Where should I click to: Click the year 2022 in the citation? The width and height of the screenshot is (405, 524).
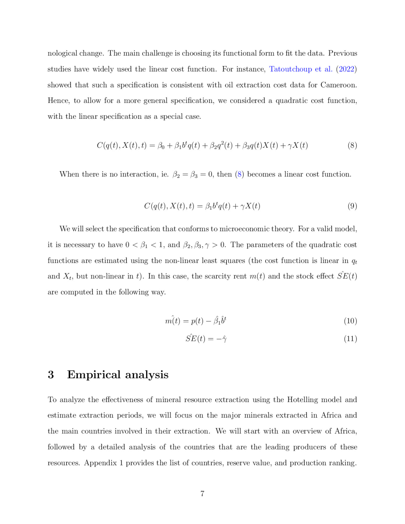[346, 69]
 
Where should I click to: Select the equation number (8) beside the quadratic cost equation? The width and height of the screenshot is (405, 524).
[352, 145]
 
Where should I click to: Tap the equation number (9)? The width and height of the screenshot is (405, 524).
[352, 206]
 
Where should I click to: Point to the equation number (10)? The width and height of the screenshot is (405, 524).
[350, 321]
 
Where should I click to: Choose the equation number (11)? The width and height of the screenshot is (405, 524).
[350, 339]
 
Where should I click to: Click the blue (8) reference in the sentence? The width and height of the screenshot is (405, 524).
[239, 174]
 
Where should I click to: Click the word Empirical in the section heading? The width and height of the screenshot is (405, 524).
[93, 375]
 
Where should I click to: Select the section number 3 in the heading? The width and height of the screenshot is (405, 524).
[51, 375]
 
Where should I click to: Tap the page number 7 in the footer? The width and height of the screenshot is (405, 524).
[202, 494]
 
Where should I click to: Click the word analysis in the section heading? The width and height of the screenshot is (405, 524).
[147, 375]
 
